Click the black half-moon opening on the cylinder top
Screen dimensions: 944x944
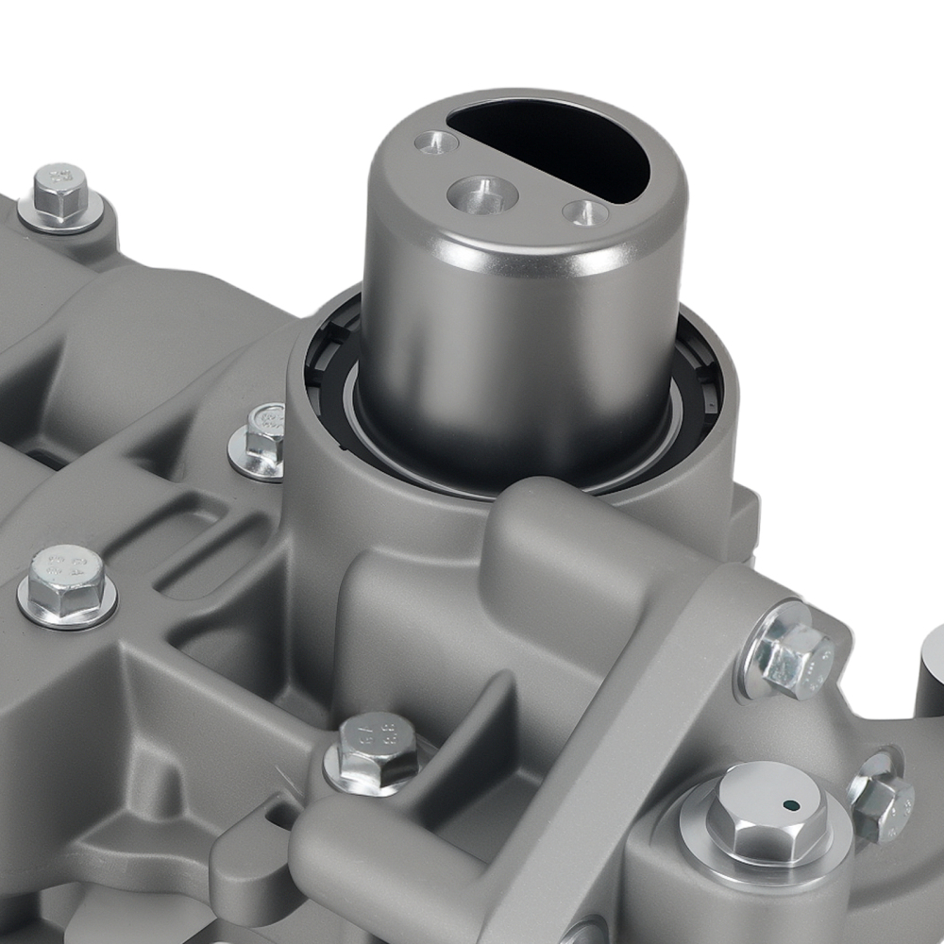click(557, 146)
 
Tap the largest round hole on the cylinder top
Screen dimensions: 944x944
click(481, 195)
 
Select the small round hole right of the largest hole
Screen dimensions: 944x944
click(585, 212)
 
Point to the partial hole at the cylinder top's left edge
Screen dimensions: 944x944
click(437, 143)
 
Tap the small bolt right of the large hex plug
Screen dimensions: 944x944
click(883, 807)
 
